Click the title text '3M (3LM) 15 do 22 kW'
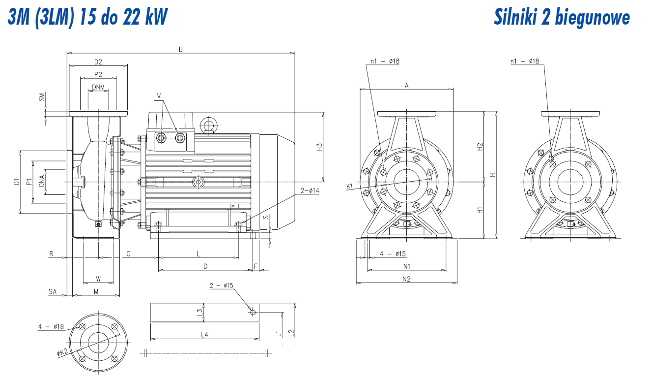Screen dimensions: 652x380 [87, 17]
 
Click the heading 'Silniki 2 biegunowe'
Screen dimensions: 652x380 [562, 18]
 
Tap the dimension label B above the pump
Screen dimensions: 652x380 [181, 49]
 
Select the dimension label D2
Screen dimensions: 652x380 [98, 62]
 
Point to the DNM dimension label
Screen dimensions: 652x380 [98, 87]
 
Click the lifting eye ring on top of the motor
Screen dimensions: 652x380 [209, 125]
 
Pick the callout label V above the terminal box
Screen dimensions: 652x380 [159, 96]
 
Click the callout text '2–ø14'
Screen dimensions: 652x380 [310, 190]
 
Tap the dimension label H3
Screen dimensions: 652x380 [319, 147]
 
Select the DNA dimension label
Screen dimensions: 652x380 [42, 181]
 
